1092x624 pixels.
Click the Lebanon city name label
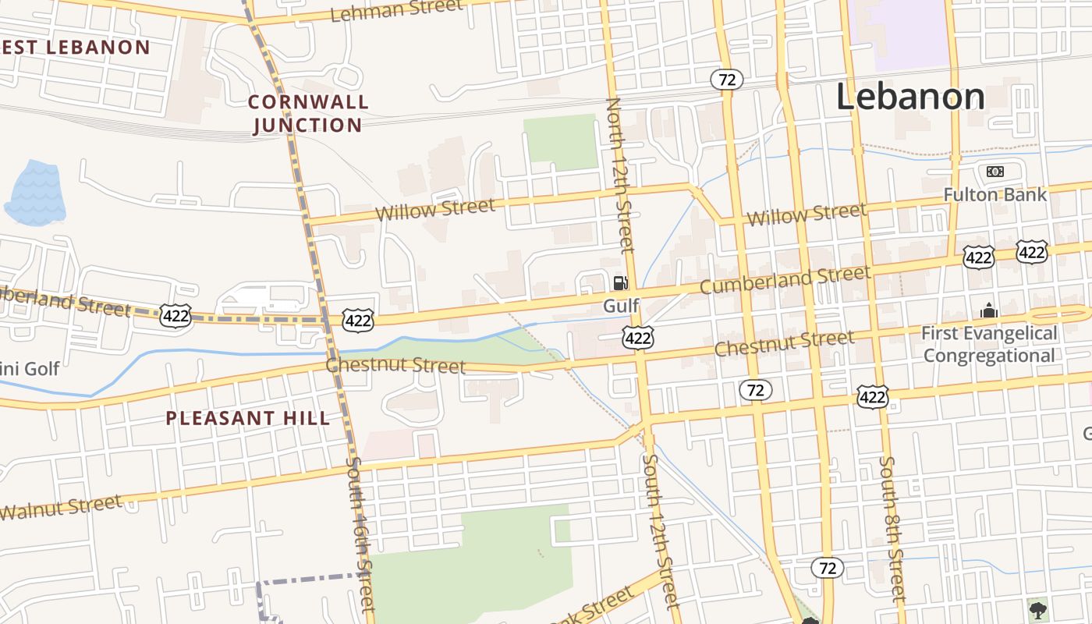pyautogui.click(x=910, y=97)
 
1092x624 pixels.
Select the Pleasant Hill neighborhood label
pyautogui.click(x=247, y=418)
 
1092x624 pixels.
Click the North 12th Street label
pyautogui.click(x=620, y=175)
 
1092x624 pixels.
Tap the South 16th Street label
pyautogui.click(x=360, y=535)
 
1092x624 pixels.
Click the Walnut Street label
pyautogui.click(x=61, y=508)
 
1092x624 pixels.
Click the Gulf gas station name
pyautogui.click(x=621, y=306)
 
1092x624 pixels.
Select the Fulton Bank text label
pyautogui.click(x=994, y=194)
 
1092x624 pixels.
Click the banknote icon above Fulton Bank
pyautogui.click(x=994, y=172)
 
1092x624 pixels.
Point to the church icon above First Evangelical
pyautogui.click(x=989, y=310)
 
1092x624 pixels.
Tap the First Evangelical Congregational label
pyautogui.click(x=989, y=344)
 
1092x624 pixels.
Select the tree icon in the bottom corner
pyautogui.click(x=1037, y=609)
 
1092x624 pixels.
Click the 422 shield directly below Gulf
pyautogui.click(x=637, y=337)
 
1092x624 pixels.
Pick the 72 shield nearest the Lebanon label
pyautogui.click(x=726, y=80)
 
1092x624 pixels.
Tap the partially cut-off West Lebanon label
pyautogui.click(x=76, y=47)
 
